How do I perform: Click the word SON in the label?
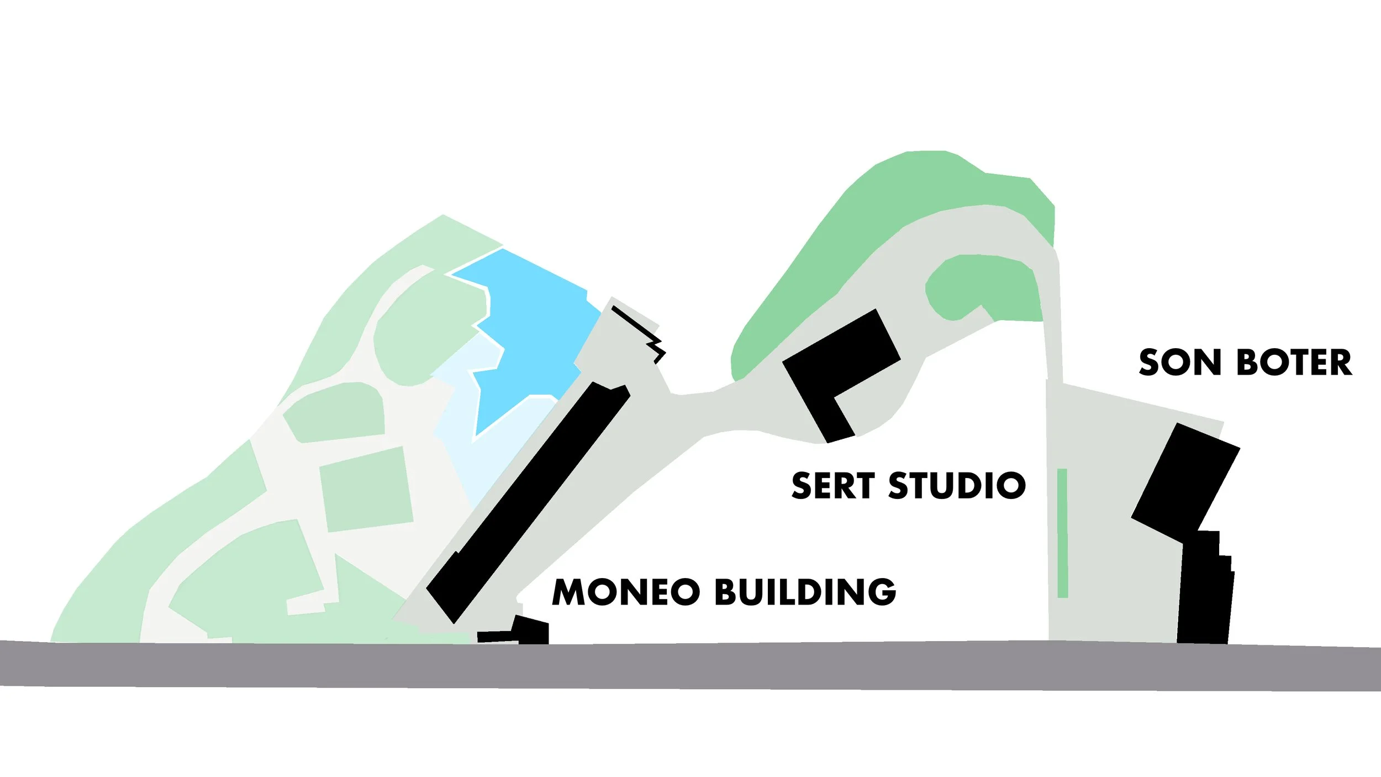(x=1179, y=363)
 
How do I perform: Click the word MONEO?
(x=626, y=592)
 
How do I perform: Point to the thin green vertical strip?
(x=1062, y=533)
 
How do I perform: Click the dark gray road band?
(x=690, y=666)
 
